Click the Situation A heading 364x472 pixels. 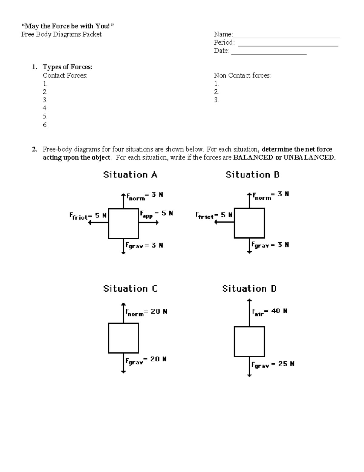[130, 175]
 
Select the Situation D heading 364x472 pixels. [249, 288]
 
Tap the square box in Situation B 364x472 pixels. [249, 223]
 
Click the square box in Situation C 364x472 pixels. [123, 338]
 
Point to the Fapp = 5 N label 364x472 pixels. [156, 214]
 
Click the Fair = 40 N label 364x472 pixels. [270, 312]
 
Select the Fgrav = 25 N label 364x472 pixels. [273, 364]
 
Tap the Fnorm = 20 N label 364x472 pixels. [147, 312]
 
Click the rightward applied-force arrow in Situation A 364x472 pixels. [148, 223]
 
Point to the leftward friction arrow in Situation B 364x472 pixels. [224, 222]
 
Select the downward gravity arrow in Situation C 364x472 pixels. [123, 363]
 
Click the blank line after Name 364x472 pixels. [286, 35]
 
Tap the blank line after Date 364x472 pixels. [269, 51]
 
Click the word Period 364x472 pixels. [224, 43]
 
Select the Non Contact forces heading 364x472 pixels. [242, 75]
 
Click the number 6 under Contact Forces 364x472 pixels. [45, 125]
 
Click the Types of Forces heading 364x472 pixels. [68, 67]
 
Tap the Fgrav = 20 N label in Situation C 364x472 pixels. [146, 360]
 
